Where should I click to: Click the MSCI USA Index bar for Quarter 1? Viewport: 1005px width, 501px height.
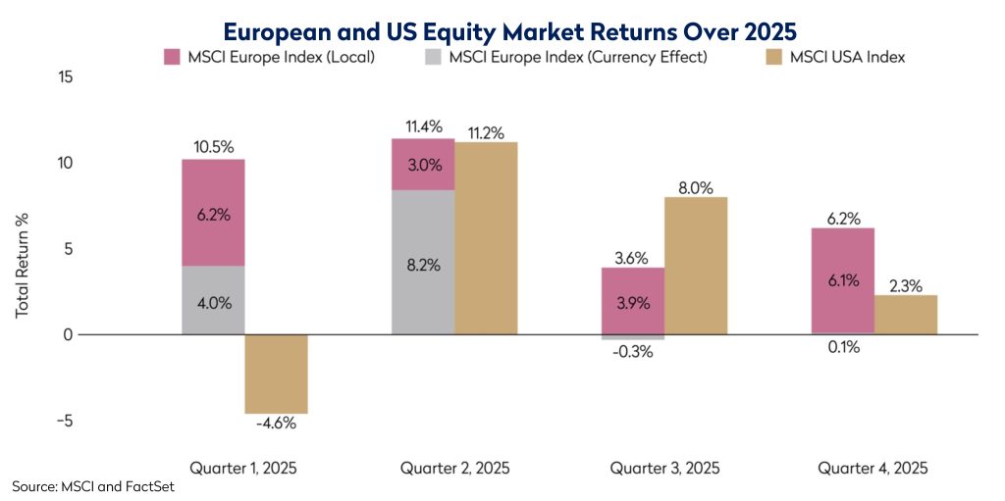276,374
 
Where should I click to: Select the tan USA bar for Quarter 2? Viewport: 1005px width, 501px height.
486,238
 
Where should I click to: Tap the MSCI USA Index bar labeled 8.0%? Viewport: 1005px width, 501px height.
696,266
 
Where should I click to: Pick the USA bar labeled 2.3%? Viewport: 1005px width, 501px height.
905,315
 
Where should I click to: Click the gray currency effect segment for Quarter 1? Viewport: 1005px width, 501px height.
213,301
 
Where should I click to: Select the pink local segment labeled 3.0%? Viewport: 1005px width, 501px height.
423,165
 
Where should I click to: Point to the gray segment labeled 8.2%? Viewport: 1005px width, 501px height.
423,263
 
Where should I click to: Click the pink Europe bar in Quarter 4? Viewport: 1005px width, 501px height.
842,280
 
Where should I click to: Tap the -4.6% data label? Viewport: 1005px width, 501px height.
276,425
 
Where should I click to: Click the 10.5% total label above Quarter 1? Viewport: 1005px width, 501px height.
213,147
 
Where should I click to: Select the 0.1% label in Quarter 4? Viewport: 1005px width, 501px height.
842,346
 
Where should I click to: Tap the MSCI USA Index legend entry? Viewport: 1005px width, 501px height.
847,57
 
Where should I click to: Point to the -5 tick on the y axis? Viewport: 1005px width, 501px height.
65,421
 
